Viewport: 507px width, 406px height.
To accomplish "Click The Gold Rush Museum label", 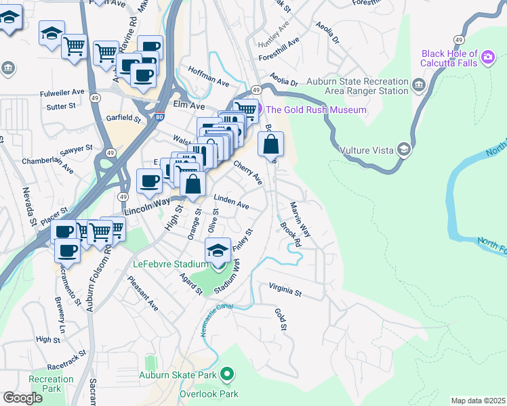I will tap(316, 110).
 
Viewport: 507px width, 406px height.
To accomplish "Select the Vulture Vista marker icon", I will tap(404, 150).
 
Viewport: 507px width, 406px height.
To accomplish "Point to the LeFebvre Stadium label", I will tap(170, 264).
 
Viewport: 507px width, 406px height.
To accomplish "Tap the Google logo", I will tap(22, 398).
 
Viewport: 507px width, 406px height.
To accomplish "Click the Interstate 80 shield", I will tap(159, 116).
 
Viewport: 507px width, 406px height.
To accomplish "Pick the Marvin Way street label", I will tap(300, 219).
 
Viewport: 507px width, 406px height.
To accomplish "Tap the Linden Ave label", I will tap(231, 202).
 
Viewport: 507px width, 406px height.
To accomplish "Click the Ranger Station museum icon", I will tap(418, 85).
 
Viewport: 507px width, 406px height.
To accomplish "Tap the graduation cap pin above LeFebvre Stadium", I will tap(218, 250).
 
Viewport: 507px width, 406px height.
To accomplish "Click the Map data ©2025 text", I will tap(478, 401).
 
